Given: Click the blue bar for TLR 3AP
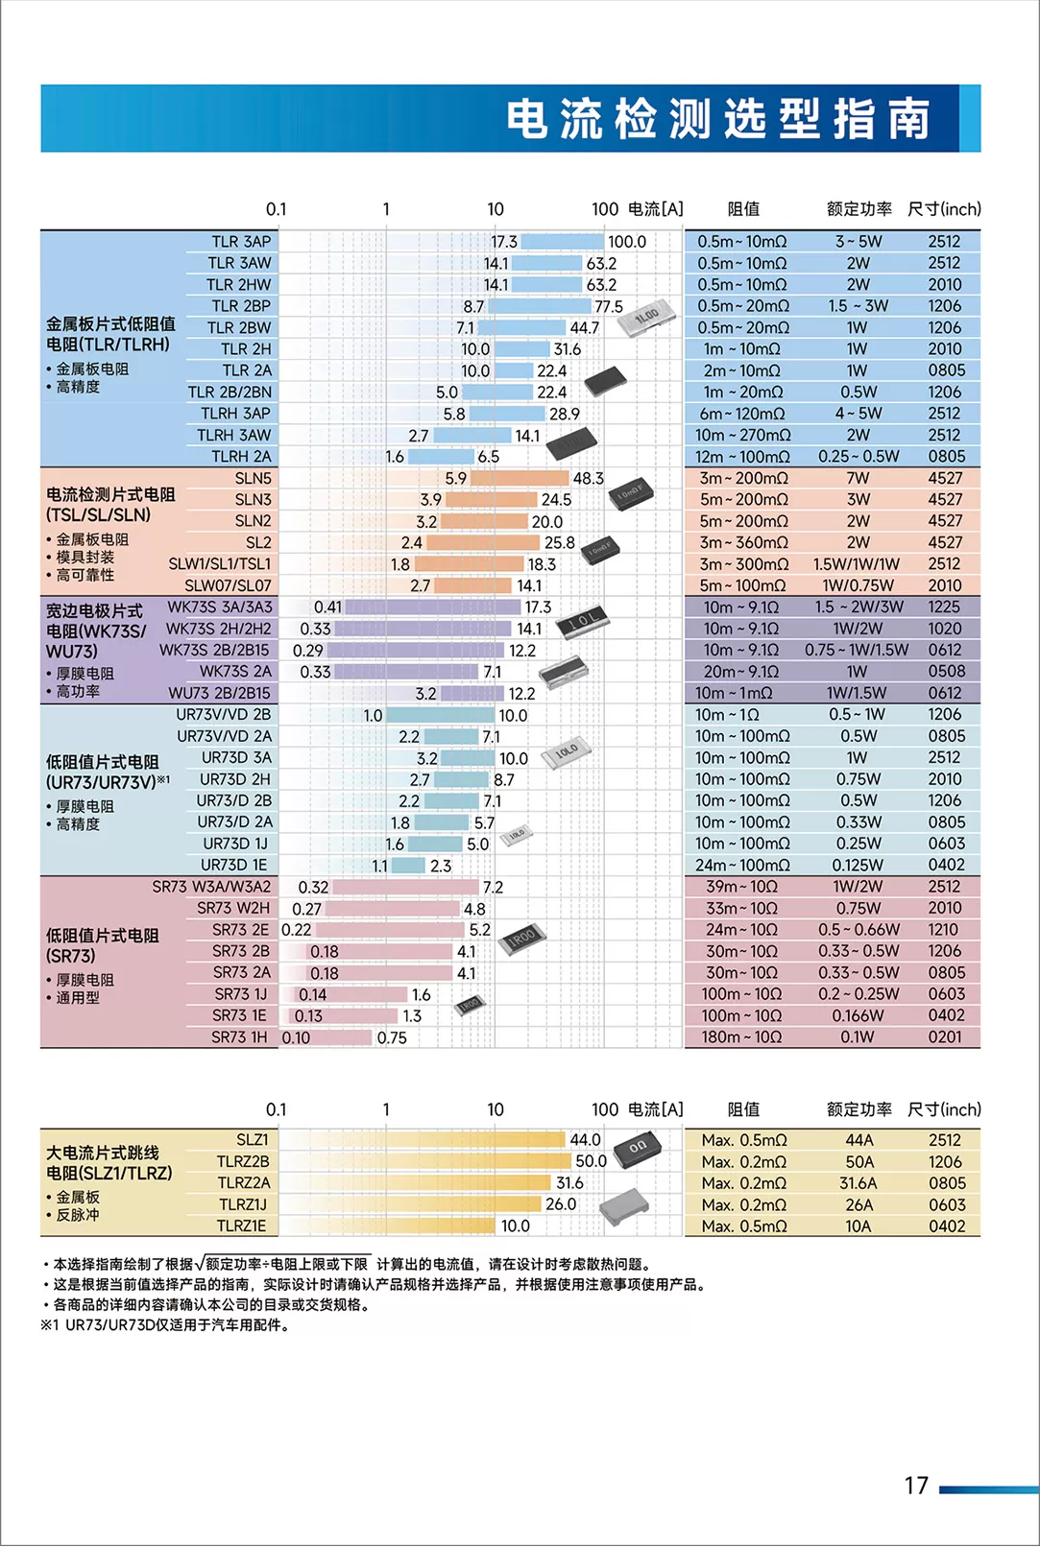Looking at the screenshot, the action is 562,242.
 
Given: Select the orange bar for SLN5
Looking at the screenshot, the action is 520,478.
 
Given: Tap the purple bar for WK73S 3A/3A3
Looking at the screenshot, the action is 432,607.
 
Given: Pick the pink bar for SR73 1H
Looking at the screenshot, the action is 327,1037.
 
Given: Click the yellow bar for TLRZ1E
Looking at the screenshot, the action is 387,1226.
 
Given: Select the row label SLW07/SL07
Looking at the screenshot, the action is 228,585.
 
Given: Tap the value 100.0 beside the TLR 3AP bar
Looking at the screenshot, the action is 627,242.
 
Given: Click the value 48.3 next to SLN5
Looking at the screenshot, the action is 588,478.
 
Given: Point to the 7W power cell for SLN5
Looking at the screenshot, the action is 859,478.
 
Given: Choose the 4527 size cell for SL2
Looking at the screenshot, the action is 945,542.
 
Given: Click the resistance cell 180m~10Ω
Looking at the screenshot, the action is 741,1036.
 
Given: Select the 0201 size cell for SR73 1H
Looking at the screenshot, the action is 945,1036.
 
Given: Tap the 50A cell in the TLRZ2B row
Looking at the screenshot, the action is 859,1161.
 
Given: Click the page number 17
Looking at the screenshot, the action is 916,1486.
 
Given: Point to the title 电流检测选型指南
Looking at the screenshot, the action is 718,119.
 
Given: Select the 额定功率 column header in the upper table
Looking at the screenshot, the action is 859,208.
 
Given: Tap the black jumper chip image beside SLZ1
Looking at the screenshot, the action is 637,1147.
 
